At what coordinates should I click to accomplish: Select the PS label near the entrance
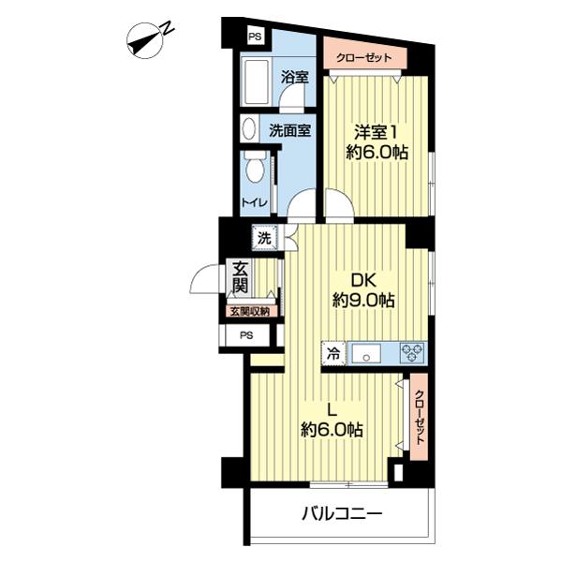pos(246,335)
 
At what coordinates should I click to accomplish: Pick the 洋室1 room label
pos(375,132)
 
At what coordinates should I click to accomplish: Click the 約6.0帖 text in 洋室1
pos(376,154)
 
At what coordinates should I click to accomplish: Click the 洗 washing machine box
pos(265,239)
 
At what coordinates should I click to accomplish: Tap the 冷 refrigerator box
pos(333,354)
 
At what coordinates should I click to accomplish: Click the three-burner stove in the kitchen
pos(411,353)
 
